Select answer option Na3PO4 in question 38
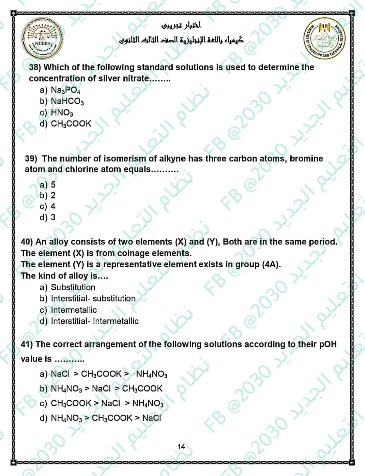pos(65,90)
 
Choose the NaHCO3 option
pos(67,101)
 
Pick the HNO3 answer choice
pos(62,112)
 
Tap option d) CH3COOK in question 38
pos(71,124)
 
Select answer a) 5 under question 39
pos(48,185)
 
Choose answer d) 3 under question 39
pos(48,217)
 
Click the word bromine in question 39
pos(306,159)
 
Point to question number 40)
pos(27,242)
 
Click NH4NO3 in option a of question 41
pos(151,374)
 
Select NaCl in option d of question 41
pos(151,418)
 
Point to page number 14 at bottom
pos(181,447)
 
